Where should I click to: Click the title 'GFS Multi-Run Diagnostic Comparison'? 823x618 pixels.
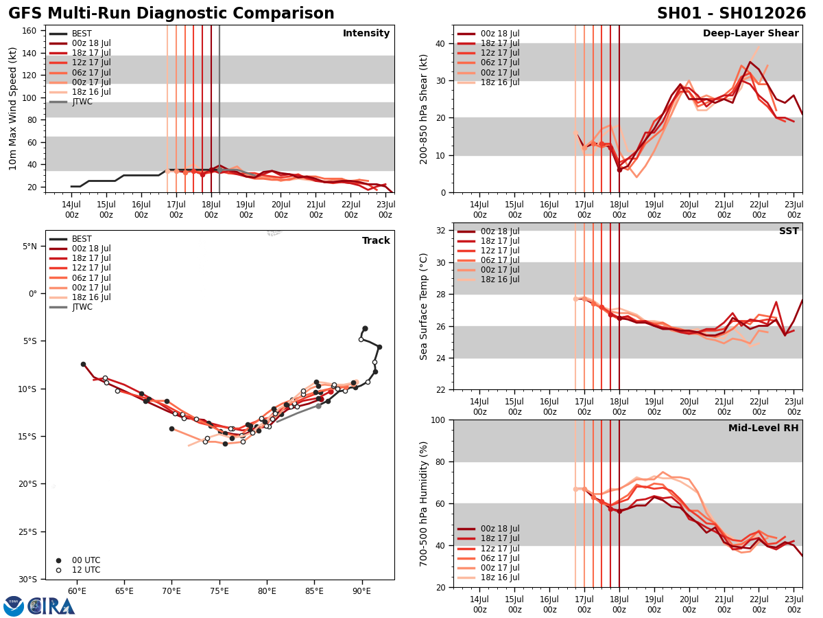[171, 14]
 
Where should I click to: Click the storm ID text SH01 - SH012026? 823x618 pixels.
[731, 14]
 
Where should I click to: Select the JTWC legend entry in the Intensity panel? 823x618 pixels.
[82, 102]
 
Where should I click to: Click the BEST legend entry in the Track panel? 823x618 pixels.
[82, 239]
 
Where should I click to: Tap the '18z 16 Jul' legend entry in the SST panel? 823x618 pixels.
[501, 279]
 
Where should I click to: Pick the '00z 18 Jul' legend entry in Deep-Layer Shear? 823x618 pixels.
[501, 34]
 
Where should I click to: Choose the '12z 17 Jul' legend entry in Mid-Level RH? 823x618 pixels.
[501, 549]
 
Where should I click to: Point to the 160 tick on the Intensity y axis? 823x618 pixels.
[31, 30]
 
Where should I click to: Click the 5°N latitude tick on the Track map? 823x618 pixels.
[29, 246]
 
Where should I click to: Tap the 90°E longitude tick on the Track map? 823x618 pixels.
[361, 591]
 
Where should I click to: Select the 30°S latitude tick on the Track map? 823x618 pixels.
[27, 579]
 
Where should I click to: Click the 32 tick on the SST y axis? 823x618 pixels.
[439, 231]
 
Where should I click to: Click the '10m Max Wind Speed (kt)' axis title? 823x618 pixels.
[13, 108]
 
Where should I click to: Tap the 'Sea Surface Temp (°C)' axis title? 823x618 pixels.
[424, 306]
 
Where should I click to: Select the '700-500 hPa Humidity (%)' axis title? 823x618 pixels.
[424, 503]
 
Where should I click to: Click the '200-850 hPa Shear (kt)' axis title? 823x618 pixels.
[424, 108]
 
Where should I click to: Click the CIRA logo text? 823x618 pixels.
[51, 606]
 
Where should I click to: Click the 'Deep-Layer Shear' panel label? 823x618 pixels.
[750, 34]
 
